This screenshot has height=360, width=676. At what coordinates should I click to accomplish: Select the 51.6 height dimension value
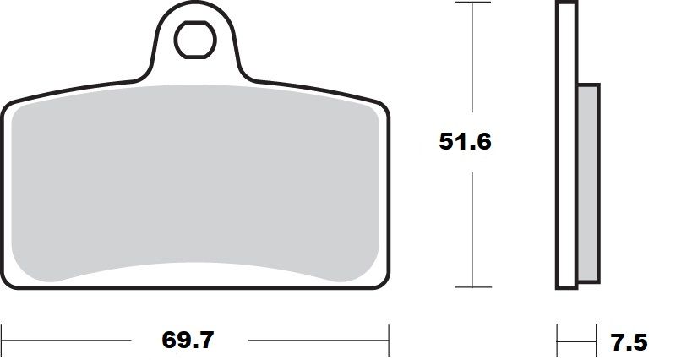coord(465,141)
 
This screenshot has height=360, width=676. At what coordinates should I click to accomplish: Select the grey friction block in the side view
coord(588,183)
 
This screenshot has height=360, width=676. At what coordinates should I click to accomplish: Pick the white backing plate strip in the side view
coord(566,144)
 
